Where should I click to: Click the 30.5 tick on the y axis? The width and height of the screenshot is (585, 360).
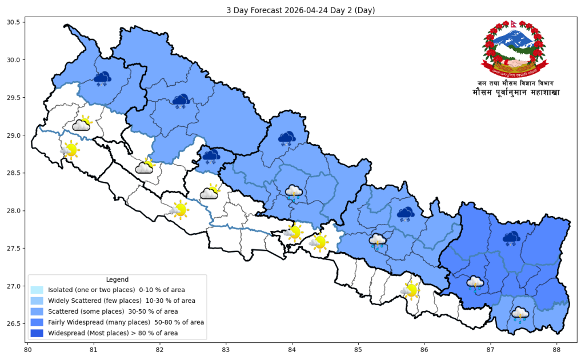(14, 22)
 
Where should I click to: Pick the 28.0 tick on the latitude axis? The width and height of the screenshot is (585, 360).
(14, 211)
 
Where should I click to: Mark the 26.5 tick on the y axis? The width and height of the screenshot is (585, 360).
(14, 323)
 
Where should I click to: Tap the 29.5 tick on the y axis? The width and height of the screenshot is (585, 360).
(14, 98)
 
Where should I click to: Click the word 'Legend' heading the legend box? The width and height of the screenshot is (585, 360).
(117, 279)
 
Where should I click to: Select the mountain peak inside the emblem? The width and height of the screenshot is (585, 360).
(512, 39)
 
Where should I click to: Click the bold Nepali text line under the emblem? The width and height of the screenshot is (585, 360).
(515, 92)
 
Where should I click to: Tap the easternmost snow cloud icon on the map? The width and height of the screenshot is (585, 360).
(511, 238)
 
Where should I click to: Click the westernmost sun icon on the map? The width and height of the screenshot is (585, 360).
(70, 150)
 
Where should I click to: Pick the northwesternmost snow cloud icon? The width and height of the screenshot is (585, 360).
(102, 78)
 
